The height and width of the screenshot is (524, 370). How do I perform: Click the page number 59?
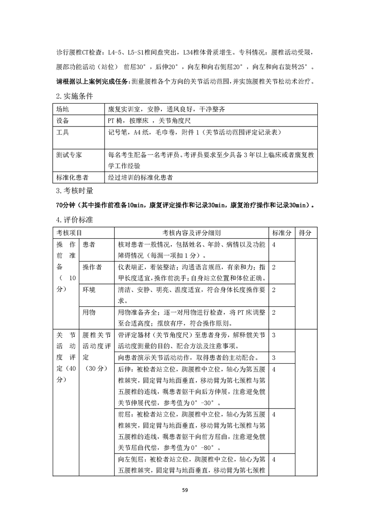(x=185, y=490)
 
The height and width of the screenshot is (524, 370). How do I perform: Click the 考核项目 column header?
(x=69, y=233)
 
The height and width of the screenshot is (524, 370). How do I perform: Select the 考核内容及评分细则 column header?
(x=191, y=233)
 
